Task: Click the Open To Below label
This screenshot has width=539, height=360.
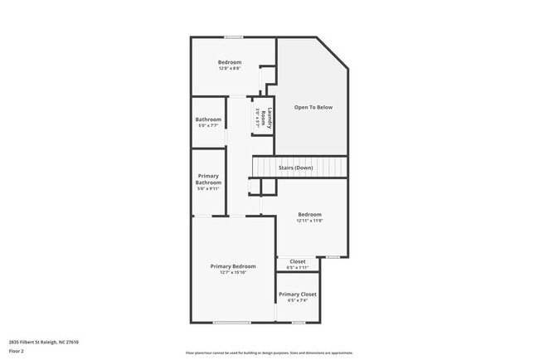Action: click(x=313, y=107)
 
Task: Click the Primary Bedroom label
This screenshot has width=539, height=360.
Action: click(x=233, y=266)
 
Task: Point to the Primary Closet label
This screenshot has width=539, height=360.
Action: click(x=297, y=294)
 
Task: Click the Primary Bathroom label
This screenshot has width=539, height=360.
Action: click(x=208, y=179)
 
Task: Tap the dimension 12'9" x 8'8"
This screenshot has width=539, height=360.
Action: click(x=230, y=68)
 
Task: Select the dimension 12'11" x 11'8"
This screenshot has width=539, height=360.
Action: click(x=310, y=221)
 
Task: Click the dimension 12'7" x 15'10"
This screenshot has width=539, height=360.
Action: click(x=233, y=272)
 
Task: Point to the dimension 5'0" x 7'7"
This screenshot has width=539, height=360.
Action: click(x=207, y=125)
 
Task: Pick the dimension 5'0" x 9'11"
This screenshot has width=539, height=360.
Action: click(x=208, y=188)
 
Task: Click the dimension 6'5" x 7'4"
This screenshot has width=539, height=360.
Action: click(x=297, y=300)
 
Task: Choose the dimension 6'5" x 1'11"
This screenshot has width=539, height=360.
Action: click(x=297, y=267)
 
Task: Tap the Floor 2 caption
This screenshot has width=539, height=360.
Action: click(x=17, y=351)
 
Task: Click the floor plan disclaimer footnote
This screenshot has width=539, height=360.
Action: click(x=269, y=353)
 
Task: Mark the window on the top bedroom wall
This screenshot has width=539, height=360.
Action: click(x=233, y=37)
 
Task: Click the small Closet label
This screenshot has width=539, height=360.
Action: click(x=297, y=261)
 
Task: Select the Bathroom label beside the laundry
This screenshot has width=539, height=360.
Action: click(x=208, y=119)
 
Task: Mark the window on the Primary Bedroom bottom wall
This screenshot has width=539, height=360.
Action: click(x=232, y=323)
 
